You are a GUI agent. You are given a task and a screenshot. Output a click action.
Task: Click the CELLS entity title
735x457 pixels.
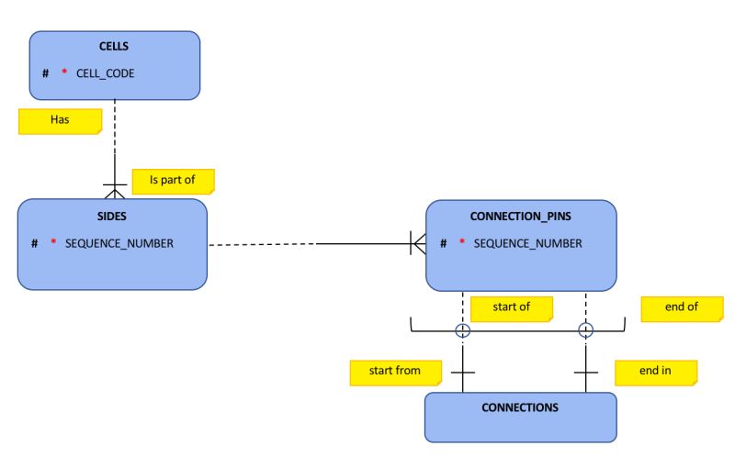click(x=114, y=46)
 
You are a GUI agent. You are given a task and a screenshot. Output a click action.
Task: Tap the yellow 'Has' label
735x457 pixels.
click(x=60, y=120)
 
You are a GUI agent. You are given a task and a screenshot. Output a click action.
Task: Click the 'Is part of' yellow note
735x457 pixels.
click(x=173, y=180)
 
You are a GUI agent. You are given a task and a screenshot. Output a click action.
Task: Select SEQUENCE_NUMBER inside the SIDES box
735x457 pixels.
click(x=119, y=243)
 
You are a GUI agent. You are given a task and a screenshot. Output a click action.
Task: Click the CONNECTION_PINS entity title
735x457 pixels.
click(x=520, y=217)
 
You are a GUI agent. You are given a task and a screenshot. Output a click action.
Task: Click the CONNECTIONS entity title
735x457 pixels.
click(x=519, y=407)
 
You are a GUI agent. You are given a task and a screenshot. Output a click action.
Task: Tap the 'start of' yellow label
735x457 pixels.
click(x=512, y=307)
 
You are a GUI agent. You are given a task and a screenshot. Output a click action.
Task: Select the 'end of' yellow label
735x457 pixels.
click(x=682, y=307)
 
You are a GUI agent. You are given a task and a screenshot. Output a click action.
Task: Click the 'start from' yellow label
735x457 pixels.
click(x=394, y=371)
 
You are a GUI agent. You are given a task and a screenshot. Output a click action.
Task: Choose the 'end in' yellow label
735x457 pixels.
click(x=655, y=371)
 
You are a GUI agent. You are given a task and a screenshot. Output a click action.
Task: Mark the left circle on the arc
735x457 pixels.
click(x=463, y=331)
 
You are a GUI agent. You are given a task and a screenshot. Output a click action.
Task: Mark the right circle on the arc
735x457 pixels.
click(x=585, y=331)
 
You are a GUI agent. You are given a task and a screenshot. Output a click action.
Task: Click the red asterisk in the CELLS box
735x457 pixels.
click(x=64, y=72)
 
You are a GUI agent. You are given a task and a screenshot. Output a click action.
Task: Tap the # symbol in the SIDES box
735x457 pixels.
click(x=34, y=243)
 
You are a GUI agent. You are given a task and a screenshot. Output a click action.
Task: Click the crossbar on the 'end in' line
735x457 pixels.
click(x=585, y=373)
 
